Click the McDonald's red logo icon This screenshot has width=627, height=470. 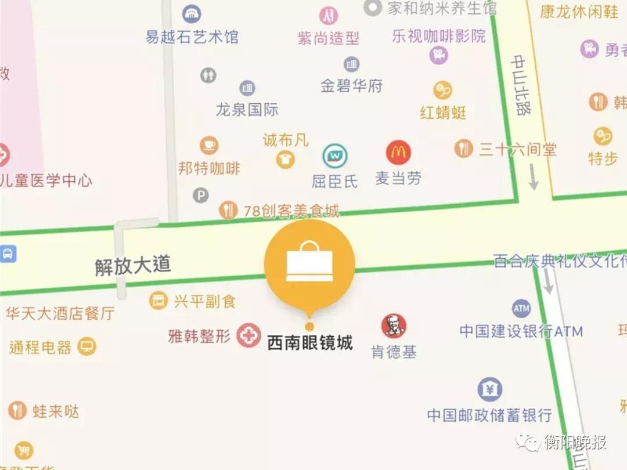click(398, 153)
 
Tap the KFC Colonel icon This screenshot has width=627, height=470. click(394, 326)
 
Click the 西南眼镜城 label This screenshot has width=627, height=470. click(310, 343)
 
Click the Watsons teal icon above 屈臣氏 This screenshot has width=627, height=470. click(334, 156)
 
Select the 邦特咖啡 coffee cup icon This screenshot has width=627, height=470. click(209, 145)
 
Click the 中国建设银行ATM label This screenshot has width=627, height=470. click(521, 331)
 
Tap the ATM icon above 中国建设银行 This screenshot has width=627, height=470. click(521, 308)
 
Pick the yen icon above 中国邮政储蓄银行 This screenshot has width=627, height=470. click(489, 390)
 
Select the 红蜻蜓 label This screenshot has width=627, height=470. click(443, 112)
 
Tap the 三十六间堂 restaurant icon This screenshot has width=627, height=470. click(463, 149)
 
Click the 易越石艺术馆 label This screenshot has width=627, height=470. click(192, 38)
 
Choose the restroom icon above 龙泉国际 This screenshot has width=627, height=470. click(208, 75)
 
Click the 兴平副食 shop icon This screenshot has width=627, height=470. click(158, 301)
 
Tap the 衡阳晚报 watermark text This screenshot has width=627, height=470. click(575, 443)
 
